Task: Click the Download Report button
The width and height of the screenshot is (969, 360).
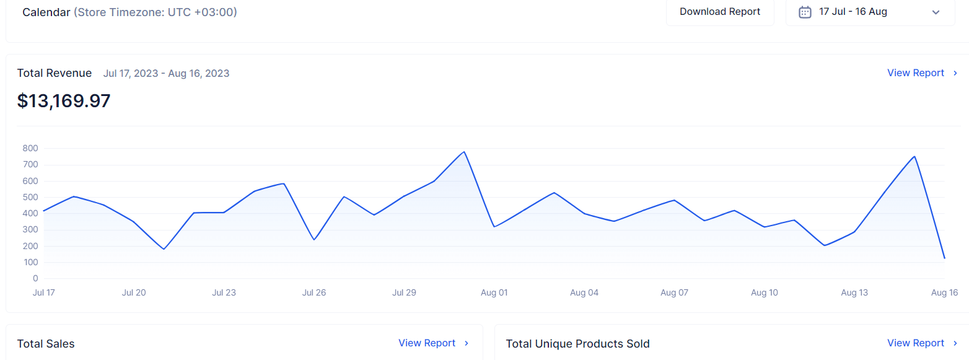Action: point(720,12)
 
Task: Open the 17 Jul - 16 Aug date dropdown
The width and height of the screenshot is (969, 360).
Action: point(870,12)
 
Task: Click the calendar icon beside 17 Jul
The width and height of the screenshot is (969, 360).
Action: point(805,12)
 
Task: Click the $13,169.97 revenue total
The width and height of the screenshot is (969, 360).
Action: point(64,101)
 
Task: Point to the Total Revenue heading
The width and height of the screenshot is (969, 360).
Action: point(55,73)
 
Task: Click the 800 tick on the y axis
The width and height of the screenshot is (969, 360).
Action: point(30,149)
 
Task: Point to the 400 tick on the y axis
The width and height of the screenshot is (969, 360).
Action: point(30,214)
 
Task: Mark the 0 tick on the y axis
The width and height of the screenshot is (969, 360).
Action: point(35,279)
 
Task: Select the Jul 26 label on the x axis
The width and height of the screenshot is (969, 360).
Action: point(314,293)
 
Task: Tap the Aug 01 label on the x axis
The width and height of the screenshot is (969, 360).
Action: point(494,293)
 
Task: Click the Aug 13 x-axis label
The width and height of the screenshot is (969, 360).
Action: point(854,293)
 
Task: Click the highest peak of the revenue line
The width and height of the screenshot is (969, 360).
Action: point(464,152)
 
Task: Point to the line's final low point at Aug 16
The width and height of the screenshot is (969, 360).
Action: point(944,258)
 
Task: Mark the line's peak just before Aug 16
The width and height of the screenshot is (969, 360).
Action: point(914,157)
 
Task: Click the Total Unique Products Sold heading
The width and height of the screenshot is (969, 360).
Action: point(577,344)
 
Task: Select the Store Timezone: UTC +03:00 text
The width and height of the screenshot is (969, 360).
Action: point(155,12)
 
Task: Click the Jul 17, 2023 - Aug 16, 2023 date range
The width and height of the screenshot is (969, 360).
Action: point(166,74)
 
